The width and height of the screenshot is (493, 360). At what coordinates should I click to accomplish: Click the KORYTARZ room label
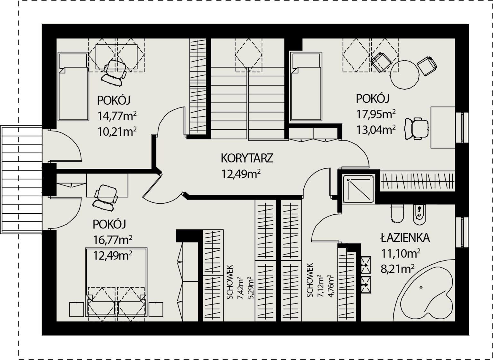(x=247, y=158)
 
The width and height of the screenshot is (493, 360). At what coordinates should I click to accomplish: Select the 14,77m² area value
(x=117, y=116)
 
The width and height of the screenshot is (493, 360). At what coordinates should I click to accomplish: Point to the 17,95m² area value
(x=376, y=114)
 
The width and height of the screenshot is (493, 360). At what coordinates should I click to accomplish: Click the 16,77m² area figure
(x=113, y=239)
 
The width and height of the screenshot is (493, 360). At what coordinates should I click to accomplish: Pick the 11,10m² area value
(x=401, y=253)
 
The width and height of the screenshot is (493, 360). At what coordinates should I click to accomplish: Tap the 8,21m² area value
(x=398, y=269)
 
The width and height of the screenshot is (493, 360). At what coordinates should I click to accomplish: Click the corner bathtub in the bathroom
(x=424, y=290)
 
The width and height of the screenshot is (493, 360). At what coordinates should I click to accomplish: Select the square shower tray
(x=358, y=189)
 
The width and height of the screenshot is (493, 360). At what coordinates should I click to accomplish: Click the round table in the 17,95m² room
(x=404, y=75)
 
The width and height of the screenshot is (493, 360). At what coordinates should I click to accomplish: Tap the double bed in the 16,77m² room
(x=116, y=282)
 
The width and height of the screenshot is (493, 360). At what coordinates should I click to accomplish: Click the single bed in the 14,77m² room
(x=73, y=87)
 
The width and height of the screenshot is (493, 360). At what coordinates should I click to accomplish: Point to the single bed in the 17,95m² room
(x=306, y=87)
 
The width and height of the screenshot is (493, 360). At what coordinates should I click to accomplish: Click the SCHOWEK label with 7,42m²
(x=229, y=282)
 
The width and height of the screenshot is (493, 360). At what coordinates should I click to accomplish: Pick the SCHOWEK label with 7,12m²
(x=309, y=280)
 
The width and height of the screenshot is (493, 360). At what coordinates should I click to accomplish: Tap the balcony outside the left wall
(x=21, y=180)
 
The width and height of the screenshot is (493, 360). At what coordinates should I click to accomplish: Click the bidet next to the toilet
(x=419, y=215)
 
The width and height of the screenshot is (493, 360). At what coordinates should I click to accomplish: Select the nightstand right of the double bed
(x=156, y=309)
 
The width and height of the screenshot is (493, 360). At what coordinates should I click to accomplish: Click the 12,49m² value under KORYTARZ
(x=241, y=174)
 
